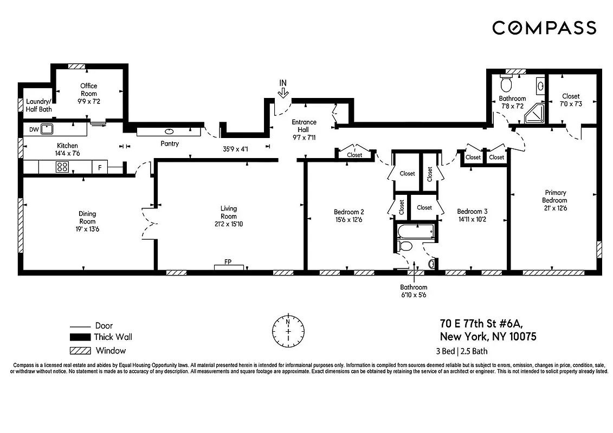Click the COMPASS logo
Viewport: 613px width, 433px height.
coord(544,28)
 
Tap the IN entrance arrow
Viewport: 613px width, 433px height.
coord(282,93)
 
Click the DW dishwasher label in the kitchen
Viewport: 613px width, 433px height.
coord(34,129)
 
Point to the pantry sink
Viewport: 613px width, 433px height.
coord(169,131)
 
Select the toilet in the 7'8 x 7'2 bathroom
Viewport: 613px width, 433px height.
coord(506,84)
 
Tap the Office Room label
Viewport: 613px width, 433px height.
coord(89,90)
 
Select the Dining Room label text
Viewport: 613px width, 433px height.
coord(87,217)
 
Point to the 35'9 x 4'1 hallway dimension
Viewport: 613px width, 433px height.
coord(235,149)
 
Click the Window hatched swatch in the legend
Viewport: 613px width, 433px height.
coord(79,350)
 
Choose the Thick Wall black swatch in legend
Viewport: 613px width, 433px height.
coord(79,337)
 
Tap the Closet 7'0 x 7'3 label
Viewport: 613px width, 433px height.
coord(571,100)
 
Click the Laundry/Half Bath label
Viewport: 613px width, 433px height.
coord(38,105)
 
